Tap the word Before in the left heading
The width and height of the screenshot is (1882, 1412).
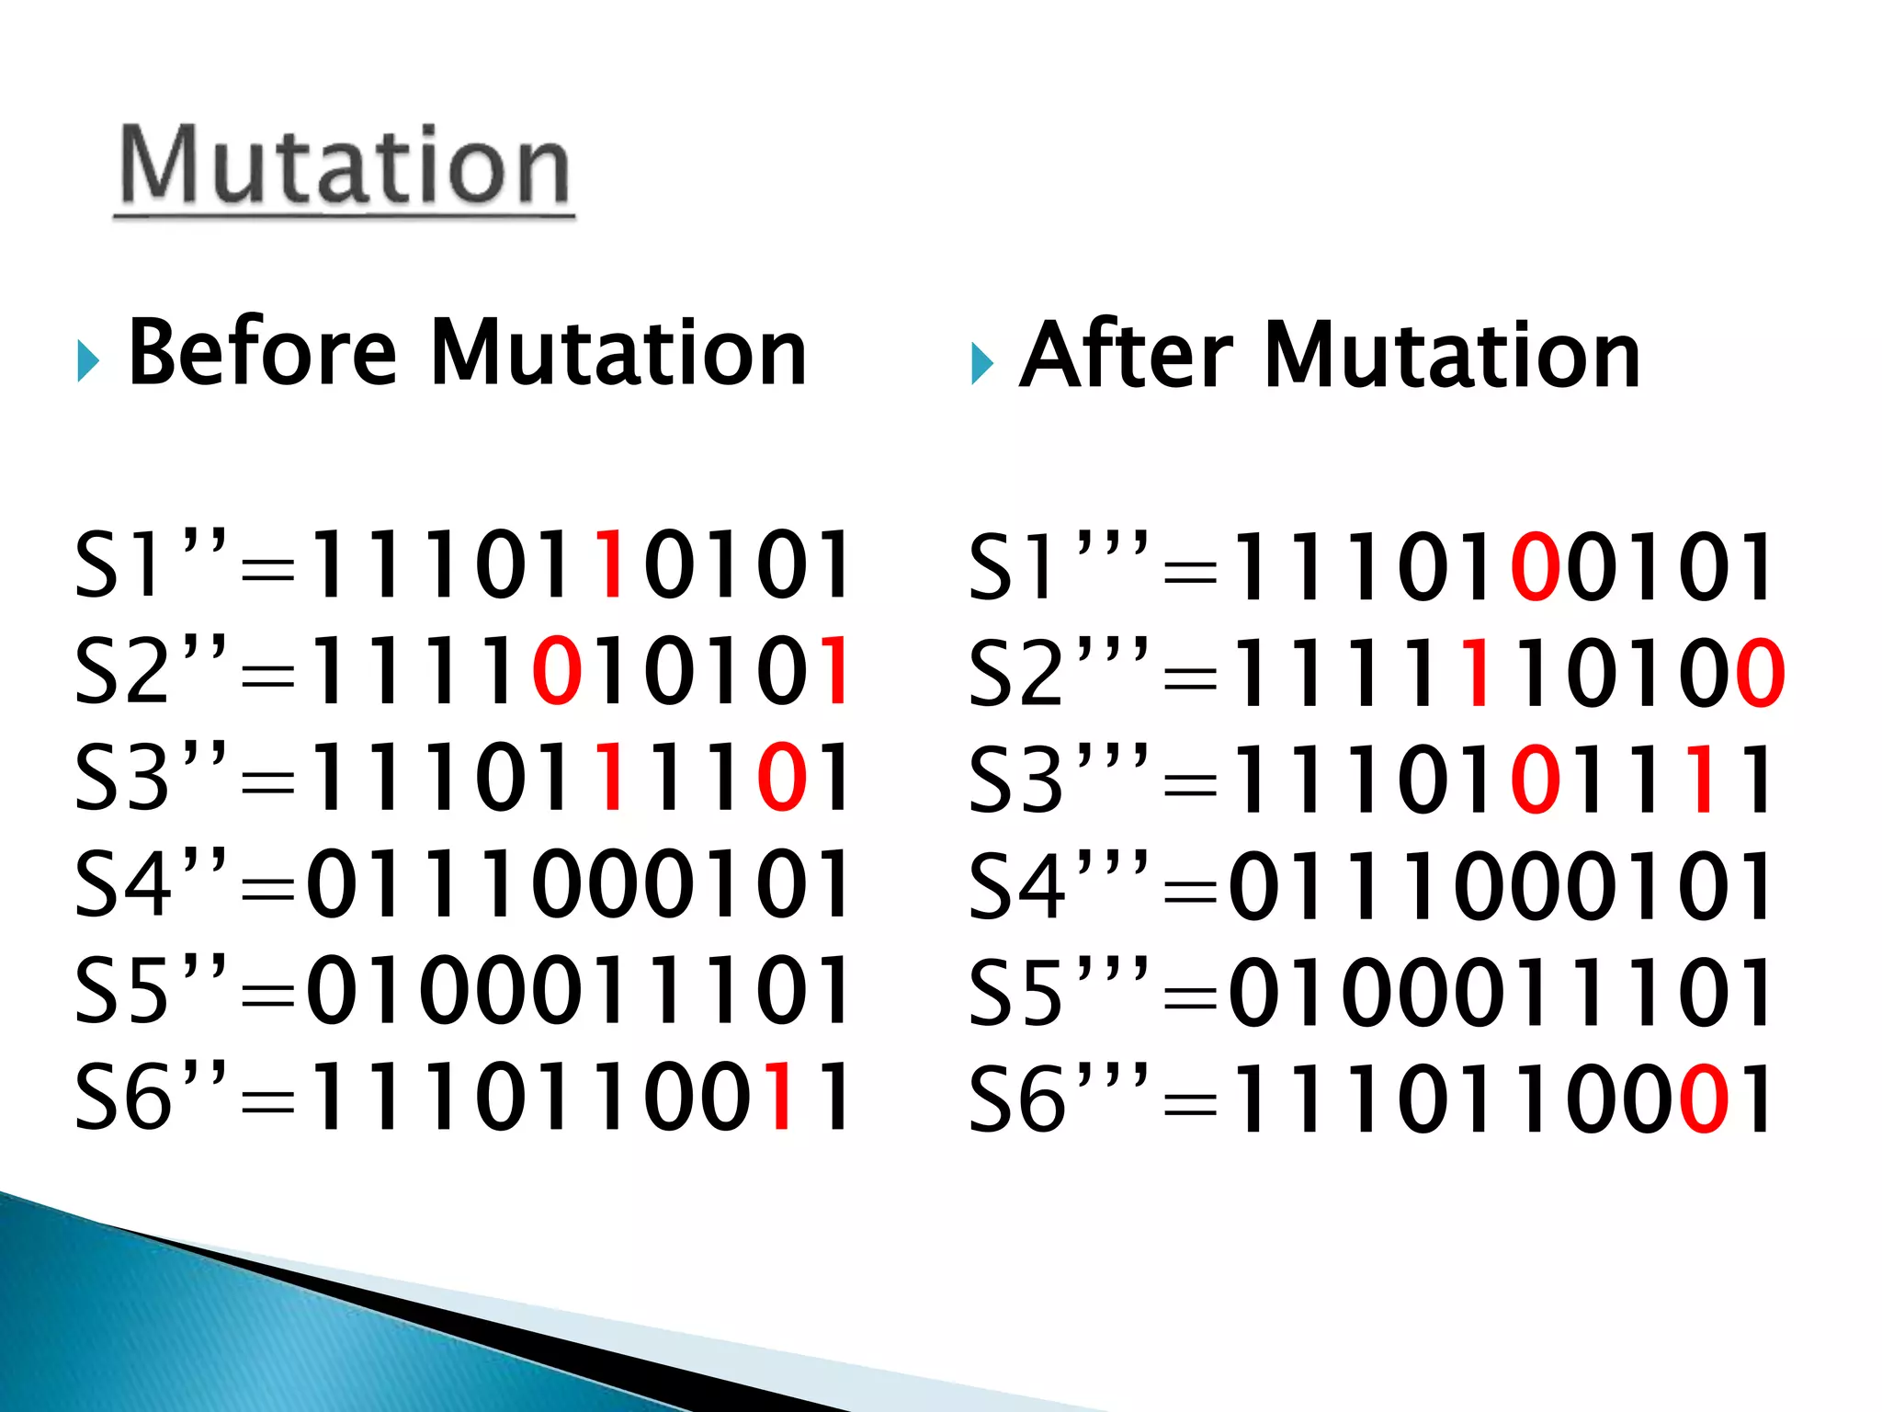[x=263, y=352]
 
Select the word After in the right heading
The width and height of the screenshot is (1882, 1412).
[x=1127, y=356]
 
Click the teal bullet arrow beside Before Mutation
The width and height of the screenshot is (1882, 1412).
[x=87, y=361]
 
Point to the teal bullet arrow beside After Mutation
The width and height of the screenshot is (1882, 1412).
[x=981, y=364]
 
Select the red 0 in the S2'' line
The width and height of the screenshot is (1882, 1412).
[x=557, y=670]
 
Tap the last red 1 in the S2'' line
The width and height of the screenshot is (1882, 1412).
[x=836, y=670]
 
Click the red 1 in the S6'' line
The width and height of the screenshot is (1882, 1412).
[x=781, y=1095]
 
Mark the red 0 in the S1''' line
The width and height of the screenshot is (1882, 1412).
[x=1535, y=566]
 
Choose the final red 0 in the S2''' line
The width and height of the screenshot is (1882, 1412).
[x=1760, y=673]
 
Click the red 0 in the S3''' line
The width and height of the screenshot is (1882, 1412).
[x=1535, y=780]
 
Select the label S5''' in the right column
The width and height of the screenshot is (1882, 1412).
[x=1057, y=993]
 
